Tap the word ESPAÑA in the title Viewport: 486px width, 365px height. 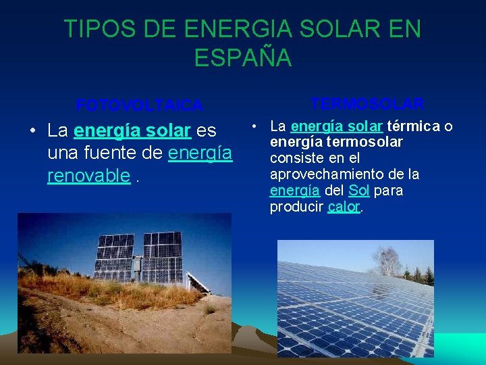point(243,57)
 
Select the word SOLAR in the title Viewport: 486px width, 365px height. point(332,29)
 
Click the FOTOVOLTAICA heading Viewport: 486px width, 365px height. point(139,105)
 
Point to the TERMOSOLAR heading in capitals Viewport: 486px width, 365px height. point(367,104)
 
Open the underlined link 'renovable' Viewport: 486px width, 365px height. point(88,176)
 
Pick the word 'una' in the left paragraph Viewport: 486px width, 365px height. point(61,153)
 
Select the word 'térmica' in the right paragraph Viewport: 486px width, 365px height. point(411,126)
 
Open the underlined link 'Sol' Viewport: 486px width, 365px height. point(358,191)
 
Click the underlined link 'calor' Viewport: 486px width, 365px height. point(344,207)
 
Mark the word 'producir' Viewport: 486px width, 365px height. point(296,207)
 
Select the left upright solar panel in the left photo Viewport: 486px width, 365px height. point(115,258)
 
